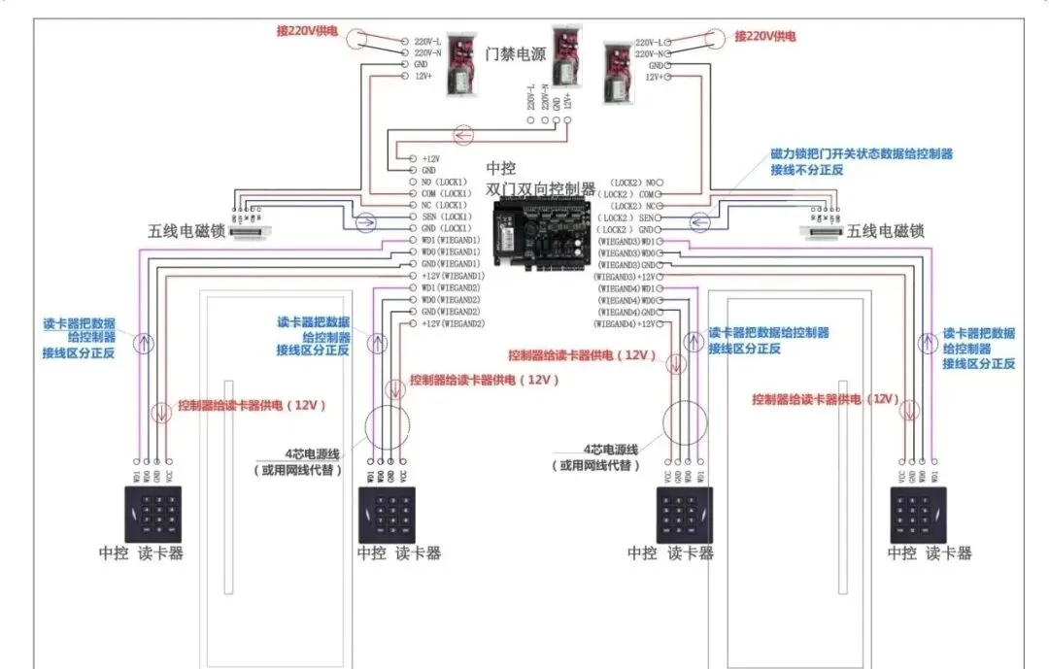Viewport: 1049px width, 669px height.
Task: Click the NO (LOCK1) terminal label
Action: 445,182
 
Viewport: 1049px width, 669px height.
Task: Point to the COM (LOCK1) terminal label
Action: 446,193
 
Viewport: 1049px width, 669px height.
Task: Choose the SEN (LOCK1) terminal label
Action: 446,217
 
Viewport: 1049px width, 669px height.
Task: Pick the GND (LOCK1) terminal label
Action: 446,228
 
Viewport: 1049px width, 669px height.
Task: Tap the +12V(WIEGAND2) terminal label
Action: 453,323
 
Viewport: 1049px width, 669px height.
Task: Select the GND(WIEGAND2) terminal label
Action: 452,312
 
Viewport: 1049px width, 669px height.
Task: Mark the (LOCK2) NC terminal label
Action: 636,206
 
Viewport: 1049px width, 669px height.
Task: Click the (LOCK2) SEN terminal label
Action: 636,217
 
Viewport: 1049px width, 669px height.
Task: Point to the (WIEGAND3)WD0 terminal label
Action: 629,252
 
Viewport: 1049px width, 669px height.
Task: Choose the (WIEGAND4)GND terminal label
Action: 629,312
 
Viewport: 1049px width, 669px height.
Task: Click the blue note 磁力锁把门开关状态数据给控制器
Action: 862,153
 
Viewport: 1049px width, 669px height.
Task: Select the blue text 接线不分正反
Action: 807,169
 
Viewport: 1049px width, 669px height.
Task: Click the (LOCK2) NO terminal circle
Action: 672,182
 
